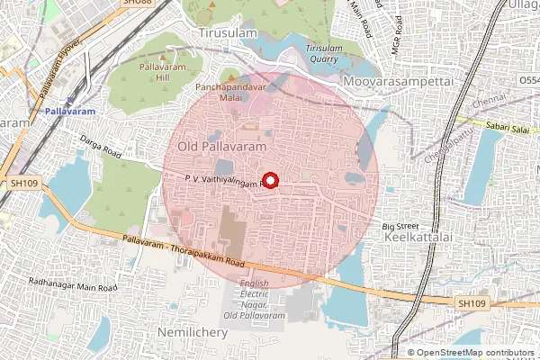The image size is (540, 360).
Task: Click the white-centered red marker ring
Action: coord(271,180)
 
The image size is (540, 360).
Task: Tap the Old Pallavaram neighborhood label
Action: coord(221,146)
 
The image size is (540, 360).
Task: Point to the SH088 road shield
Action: coord(137,4)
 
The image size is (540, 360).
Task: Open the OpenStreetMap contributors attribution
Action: coord(477,352)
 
